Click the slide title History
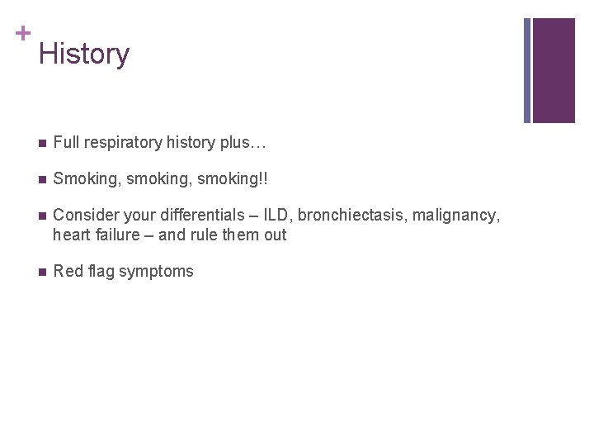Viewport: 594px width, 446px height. click(x=84, y=55)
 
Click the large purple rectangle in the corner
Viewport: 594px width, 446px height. click(x=554, y=70)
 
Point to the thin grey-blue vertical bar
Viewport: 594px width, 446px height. click(x=527, y=70)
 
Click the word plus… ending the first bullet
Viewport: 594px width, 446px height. click(x=243, y=143)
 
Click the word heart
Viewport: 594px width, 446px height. click(x=71, y=235)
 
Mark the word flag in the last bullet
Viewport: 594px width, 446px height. click(x=98, y=272)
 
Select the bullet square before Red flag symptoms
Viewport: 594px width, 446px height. click(x=41, y=272)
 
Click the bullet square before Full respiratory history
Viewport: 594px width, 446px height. click(x=41, y=143)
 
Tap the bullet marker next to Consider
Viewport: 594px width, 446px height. click(x=41, y=216)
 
